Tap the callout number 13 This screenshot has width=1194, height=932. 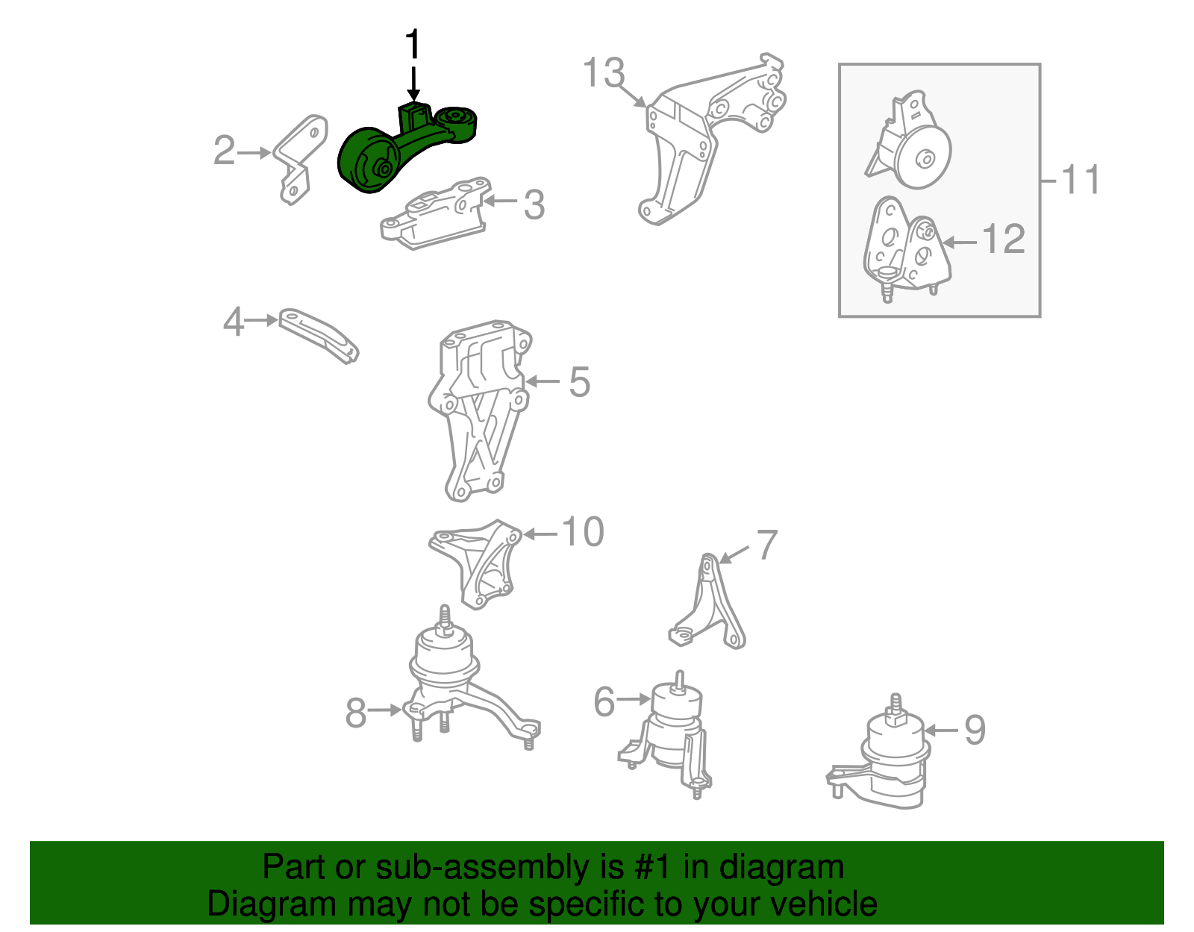point(603,73)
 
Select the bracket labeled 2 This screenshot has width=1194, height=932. point(300,158)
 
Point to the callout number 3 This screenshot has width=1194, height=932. point(534,205)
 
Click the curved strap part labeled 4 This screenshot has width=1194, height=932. point(319,335)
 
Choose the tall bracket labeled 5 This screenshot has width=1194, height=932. point(479,409)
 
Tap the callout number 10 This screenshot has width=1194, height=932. point(583,531)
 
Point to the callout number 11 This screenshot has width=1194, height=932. point(1081,180)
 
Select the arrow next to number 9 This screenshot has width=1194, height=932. point(942,731)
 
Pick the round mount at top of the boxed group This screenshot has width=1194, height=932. point(910,142)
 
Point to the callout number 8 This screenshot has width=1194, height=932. point(355,713)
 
